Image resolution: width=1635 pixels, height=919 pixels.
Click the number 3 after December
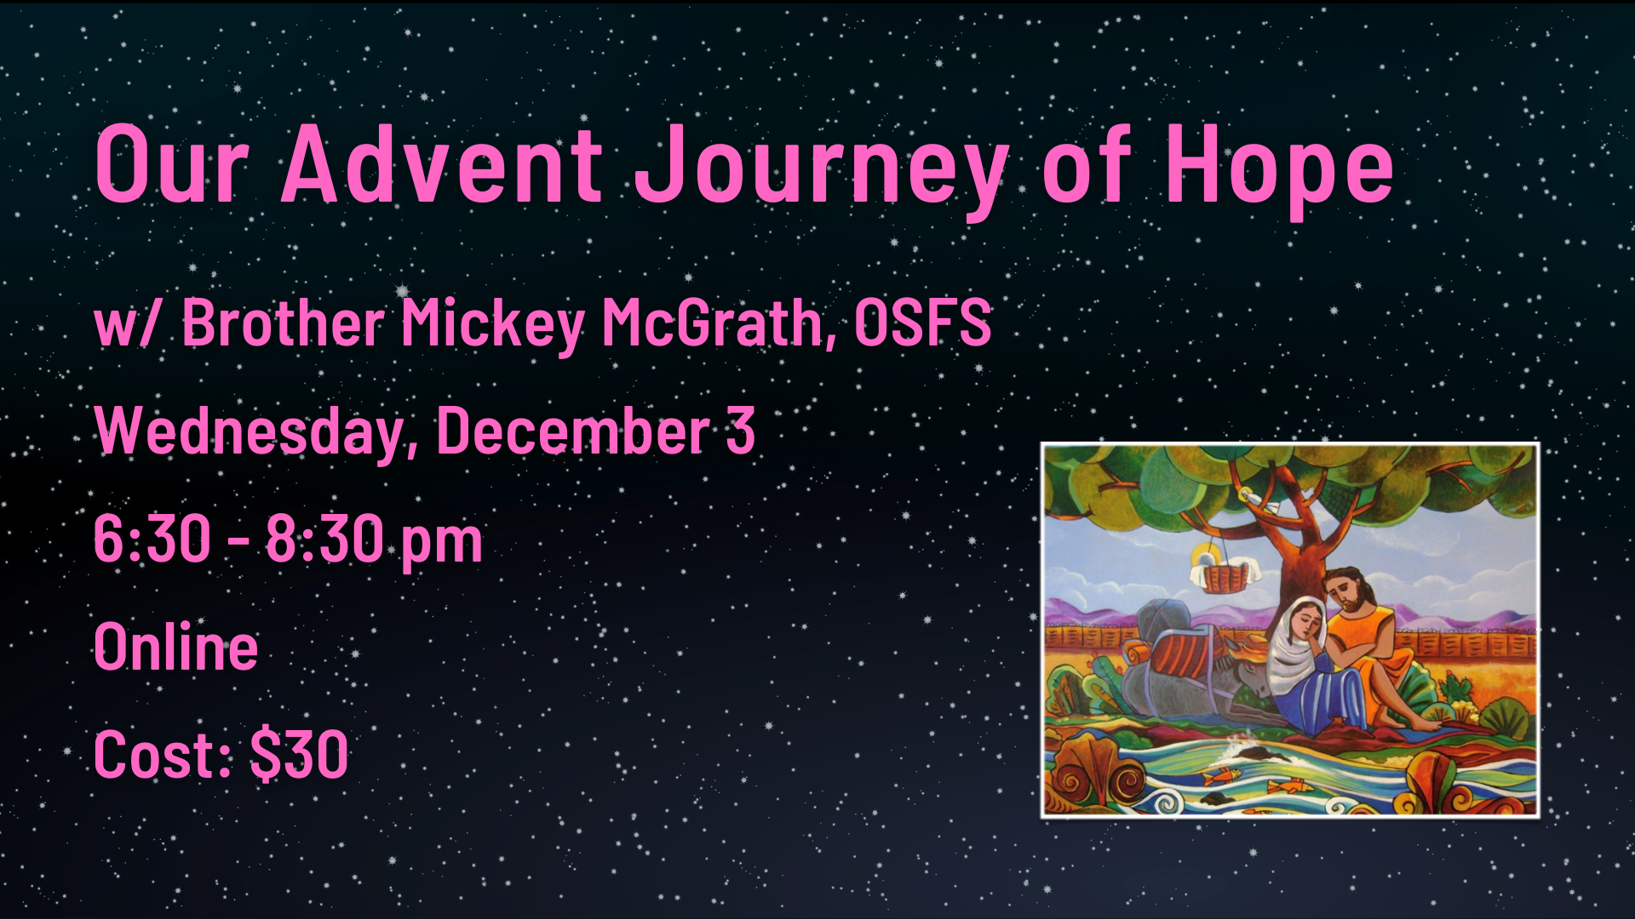point(740,430)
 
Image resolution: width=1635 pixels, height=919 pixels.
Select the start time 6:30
point(152,538)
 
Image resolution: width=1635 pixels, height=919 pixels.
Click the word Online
point(175,647)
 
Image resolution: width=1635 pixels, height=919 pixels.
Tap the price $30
point(299,754)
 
